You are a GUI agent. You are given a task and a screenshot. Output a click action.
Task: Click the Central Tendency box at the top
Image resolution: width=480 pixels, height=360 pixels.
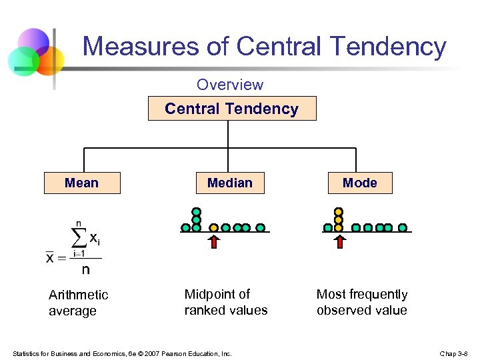[231, 109]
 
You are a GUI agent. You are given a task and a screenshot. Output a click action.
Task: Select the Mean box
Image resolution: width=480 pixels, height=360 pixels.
[82, 183]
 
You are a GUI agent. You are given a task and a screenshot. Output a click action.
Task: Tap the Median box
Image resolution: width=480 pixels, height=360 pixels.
[229, 183]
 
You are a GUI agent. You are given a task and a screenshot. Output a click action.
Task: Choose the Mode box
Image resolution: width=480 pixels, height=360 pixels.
[359, 183]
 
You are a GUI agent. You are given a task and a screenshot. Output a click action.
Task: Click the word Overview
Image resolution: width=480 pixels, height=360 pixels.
[229, 85]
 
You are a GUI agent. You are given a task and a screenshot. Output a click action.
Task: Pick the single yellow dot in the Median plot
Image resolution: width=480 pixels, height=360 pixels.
[214, 227]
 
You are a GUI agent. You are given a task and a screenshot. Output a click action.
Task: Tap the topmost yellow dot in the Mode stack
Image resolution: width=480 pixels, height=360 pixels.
[339, 211]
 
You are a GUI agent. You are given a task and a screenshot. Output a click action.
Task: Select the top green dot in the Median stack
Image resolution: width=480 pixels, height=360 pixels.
[197, 211]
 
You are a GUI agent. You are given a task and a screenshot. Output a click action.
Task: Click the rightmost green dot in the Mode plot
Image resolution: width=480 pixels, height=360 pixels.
[403, 227]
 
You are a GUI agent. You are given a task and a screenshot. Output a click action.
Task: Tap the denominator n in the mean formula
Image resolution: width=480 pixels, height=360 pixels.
[85, 270]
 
